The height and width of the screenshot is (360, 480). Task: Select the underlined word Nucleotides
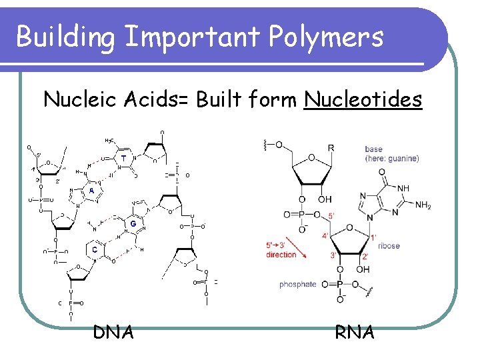(363, 100)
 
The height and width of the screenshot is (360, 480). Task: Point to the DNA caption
(113, 331)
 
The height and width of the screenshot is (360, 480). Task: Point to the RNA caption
(355, 331)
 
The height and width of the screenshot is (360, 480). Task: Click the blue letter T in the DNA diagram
(123, 158)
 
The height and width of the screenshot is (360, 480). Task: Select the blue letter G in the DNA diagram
(133, 224)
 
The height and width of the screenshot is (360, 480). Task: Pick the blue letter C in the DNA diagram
(95, 249)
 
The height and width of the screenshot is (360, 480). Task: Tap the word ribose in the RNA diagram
(389, 246)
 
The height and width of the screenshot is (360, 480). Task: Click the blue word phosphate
(298, 285)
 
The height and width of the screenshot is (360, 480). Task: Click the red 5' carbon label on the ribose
(332, 216)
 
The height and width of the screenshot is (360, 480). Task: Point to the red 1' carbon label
(373, 237)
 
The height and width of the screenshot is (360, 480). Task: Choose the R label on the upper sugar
(331, 148)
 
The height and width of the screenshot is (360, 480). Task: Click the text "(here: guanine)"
(392, 159)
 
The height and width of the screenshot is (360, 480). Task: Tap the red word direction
(281, 255)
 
